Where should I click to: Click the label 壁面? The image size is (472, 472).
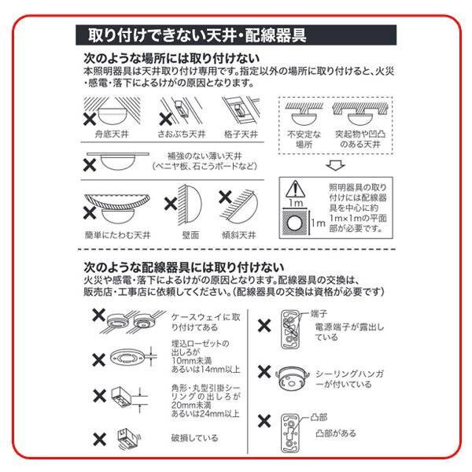click(189, 234)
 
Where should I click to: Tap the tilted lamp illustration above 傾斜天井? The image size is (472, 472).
click(246, 206)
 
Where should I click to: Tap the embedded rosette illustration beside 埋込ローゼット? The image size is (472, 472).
click(128, 356)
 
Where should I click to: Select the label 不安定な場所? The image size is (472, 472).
click(299, 140)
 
